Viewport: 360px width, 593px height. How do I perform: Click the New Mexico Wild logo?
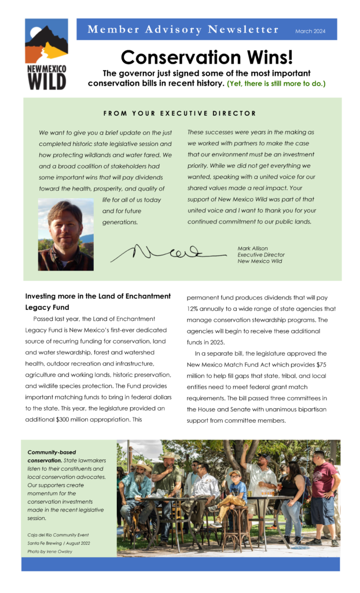46,54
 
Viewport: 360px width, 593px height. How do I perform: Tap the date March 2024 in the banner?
310,31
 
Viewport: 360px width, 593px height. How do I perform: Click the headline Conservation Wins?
207,57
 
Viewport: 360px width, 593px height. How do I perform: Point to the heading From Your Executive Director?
180,114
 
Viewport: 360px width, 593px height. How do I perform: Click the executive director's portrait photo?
65,235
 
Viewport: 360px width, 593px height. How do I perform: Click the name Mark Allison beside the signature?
252,248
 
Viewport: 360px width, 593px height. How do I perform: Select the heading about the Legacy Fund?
98,302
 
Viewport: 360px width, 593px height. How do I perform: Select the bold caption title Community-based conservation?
52,456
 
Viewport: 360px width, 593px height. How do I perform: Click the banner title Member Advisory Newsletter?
183,30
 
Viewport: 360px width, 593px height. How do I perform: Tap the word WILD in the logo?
47,82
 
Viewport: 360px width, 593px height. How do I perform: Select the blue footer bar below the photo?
180,564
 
